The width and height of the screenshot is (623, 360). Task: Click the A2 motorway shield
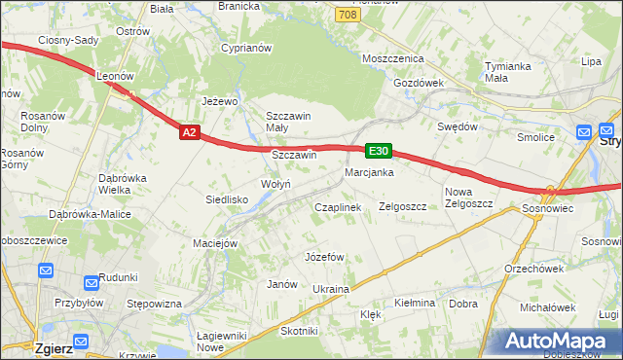pos(190,132)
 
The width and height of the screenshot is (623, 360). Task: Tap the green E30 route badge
pos(379,151)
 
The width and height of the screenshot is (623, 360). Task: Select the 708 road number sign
pos(346,16)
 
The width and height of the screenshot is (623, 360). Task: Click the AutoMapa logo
pos(561,341)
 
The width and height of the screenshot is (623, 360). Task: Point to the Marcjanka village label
pos(368,172)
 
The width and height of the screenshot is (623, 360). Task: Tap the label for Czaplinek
pos(337,207)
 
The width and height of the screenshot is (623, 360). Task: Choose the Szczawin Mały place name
pos(288,122)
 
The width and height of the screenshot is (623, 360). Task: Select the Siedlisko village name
pos(226,199)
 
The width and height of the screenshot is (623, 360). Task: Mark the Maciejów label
pos(215,243)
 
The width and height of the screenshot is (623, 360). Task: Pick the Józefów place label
pos(325,257)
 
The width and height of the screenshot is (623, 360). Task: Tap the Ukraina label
pos(330,289)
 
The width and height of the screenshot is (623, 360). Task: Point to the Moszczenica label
pos(390,59)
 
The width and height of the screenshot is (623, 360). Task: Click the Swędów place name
pos(458,126)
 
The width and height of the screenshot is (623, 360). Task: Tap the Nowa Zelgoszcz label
pos(469,198)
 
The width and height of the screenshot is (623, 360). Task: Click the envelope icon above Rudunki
pos(92,283)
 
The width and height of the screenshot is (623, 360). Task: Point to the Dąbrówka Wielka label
pos(122,184)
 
